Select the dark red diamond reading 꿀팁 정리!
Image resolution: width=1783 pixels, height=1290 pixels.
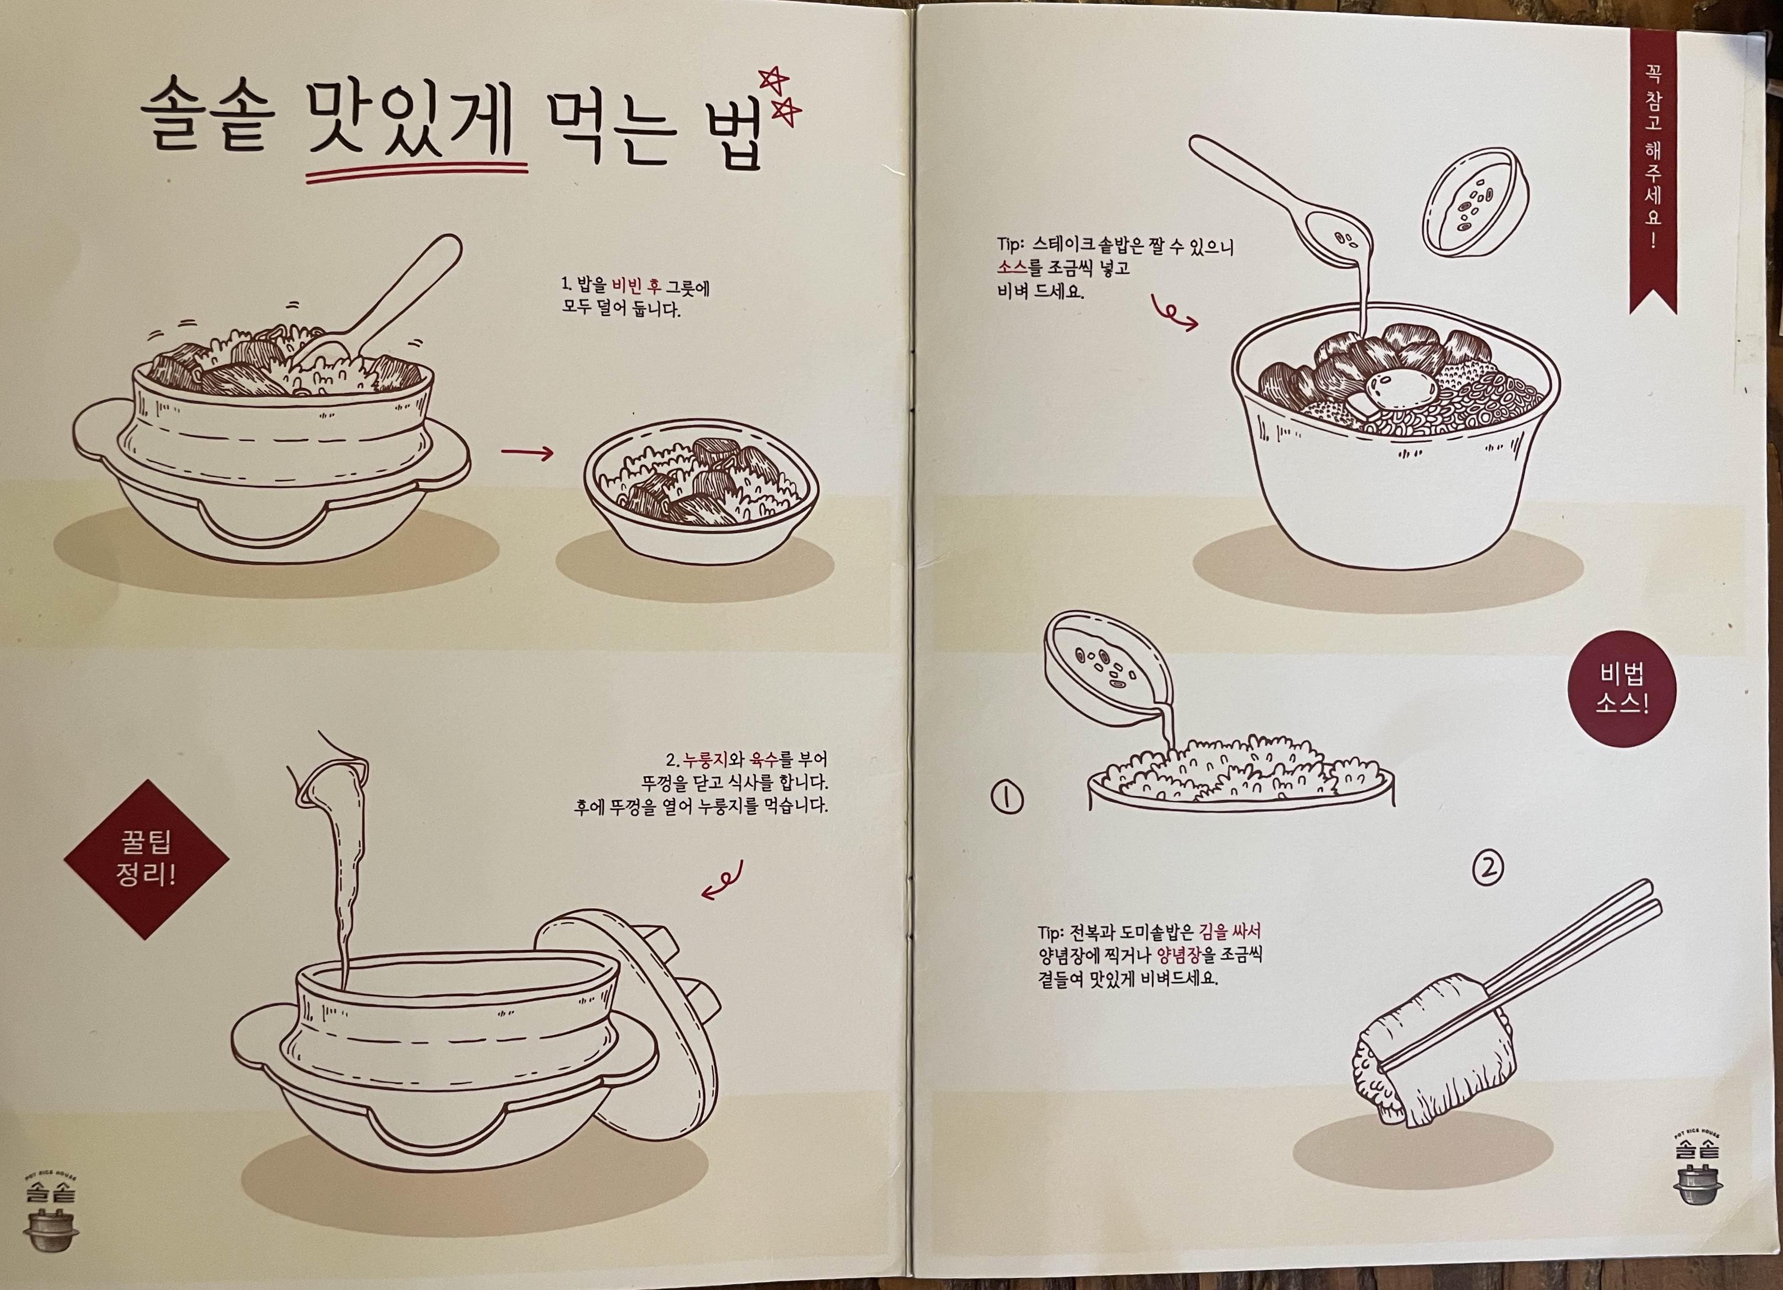(146, 859)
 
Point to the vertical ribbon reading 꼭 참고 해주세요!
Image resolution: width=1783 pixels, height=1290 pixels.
(1653, 169)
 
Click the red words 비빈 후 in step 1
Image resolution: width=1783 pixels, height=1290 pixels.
(637, 287)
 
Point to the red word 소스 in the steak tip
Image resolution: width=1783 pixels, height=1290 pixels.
(1012, 268)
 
